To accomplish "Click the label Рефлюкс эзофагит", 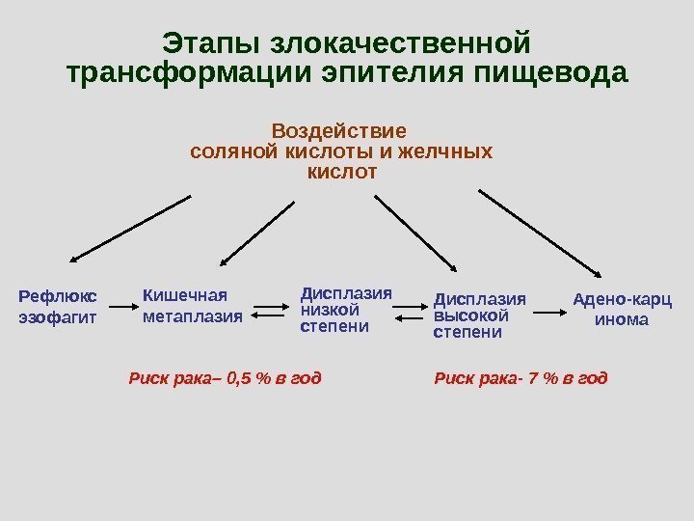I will [x=59, y=305].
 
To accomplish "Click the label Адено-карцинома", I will [x=622, y=309].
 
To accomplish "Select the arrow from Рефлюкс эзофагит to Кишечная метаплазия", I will [x=121, y=309].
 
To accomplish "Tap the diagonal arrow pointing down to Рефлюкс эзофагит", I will [x=131, y=229].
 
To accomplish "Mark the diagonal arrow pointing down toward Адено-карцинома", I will [x=539, y=232].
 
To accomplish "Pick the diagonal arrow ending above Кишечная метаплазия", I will [x=257, y=232].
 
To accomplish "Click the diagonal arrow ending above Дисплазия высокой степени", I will [x=415, y=232].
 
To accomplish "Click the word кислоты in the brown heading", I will [x=285, y=151].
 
